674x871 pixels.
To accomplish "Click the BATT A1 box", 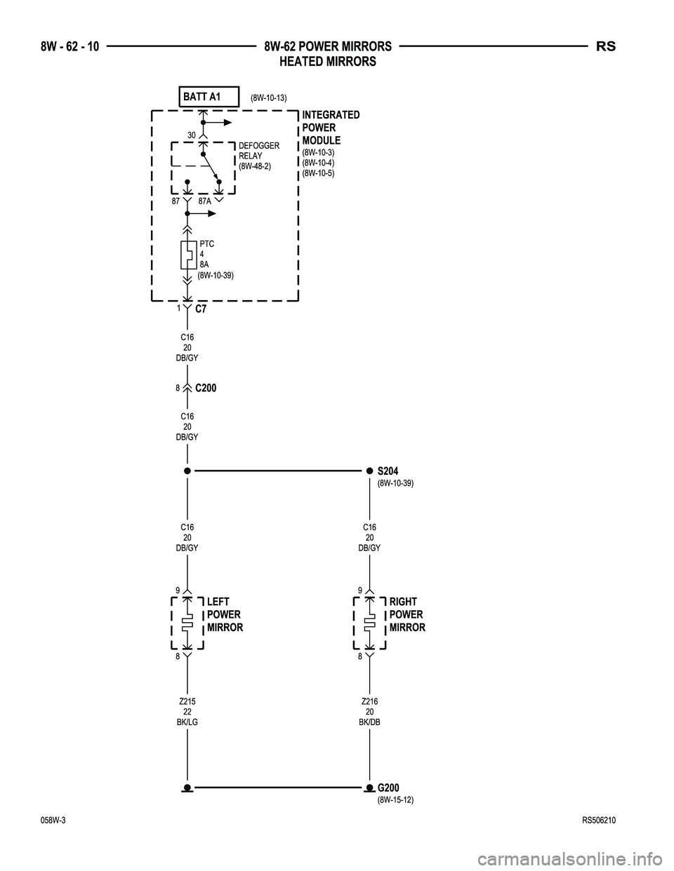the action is (209, 97).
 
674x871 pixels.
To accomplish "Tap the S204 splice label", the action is (388, 471).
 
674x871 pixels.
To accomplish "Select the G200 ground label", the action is (388, 788).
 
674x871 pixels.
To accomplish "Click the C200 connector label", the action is (206, 388).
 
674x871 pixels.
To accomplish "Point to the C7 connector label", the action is (201, 309).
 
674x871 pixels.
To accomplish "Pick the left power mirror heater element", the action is (187, 622).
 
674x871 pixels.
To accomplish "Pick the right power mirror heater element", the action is (369, 622).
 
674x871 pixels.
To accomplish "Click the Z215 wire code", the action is (187, 701).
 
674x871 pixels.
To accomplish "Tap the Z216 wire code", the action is (369, 701).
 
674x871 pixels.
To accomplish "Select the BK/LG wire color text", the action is (187, 722).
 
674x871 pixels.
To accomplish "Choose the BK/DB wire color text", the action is (369, 722).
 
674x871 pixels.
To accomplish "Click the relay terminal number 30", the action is (192, 135).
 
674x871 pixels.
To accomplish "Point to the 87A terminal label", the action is (204, 201).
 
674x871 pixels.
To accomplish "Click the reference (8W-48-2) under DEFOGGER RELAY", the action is (255, 166).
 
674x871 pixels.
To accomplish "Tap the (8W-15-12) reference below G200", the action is (395, 799).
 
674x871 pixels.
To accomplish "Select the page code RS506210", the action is (599, 821).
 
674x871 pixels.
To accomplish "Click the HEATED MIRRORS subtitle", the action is (328, 61).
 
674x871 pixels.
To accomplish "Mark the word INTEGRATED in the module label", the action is (331, 115).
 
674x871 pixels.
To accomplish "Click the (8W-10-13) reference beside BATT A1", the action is (268, 97).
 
